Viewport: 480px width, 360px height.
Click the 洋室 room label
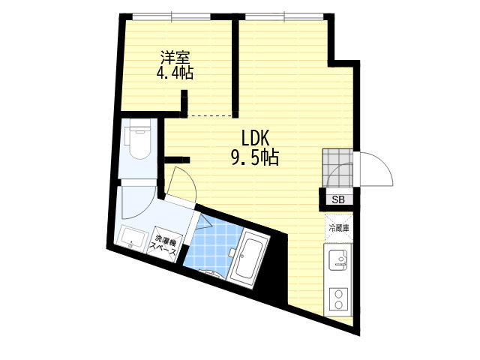pos(175,57)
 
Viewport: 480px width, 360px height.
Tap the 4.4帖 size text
pos(175,73)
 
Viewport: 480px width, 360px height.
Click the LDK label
pos(255,138)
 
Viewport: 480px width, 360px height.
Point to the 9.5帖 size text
pos(255,158)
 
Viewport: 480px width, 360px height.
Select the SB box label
pos(338,200)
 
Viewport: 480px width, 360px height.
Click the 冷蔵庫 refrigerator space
pos(339,228)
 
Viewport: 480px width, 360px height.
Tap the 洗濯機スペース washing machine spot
pos(166,245)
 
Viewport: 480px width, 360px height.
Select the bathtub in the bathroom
pos(247,259)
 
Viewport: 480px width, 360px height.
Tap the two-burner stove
pos(338,300)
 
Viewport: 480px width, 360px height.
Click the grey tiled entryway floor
pos(337,168)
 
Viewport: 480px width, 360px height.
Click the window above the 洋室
pos(172,16)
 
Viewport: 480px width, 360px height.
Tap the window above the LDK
pos(284,16)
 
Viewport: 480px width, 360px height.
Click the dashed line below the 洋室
pos(210,116)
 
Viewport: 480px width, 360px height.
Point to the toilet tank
pos(140,124)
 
